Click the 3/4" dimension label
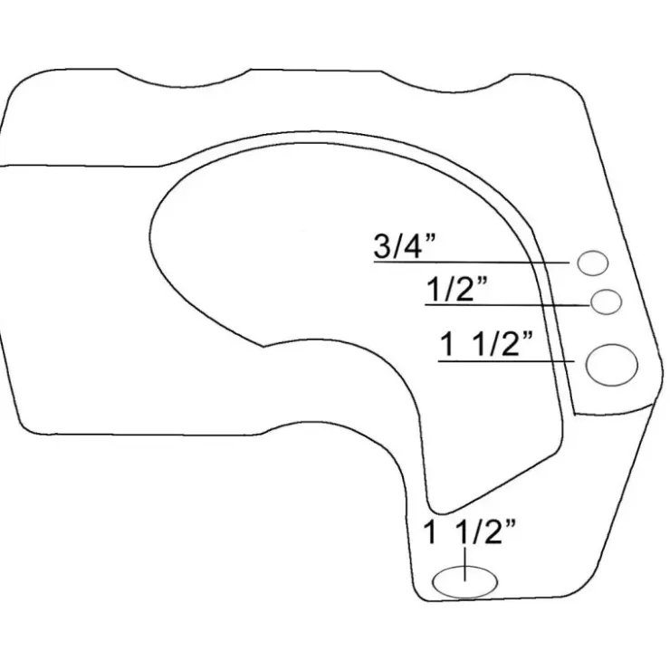(404, 246)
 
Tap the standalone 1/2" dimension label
(456, 289)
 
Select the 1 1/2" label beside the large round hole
(486, 344)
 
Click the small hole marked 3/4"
(593, 263)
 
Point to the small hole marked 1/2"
(606, 301)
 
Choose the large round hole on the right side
(611, 366)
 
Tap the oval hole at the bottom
(464, 582)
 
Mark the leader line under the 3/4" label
(472, 262)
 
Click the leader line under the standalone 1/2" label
(508, 304)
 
